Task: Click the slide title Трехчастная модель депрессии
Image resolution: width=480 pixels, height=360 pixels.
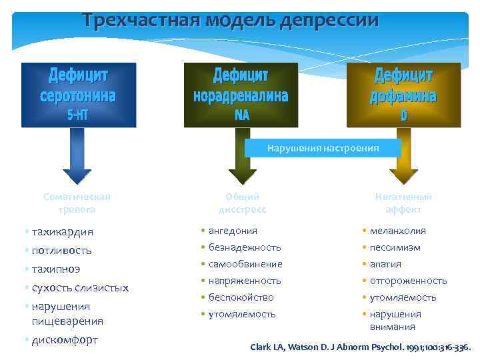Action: [231, 19]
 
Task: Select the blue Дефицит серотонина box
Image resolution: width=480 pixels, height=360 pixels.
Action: [79, 94]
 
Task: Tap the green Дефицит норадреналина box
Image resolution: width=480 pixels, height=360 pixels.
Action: [241, 94]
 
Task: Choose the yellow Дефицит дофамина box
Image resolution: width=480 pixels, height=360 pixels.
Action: [403, 94]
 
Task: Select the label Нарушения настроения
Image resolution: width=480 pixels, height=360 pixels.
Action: [323, 148]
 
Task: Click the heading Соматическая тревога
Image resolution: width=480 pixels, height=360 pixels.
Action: [77, 203]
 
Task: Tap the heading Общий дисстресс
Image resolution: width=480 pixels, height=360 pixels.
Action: [242, 203]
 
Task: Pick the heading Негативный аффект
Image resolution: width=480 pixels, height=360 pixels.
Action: [403, 203]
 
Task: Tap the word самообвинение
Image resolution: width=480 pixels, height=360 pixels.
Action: [245, 264]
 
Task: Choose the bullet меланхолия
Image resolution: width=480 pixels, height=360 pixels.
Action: [398, 231]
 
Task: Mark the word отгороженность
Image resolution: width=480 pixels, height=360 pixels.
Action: [408, 281]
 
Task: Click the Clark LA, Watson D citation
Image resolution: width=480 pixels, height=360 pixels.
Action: [360, 347]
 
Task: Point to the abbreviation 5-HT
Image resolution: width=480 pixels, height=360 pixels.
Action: [79, 115]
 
